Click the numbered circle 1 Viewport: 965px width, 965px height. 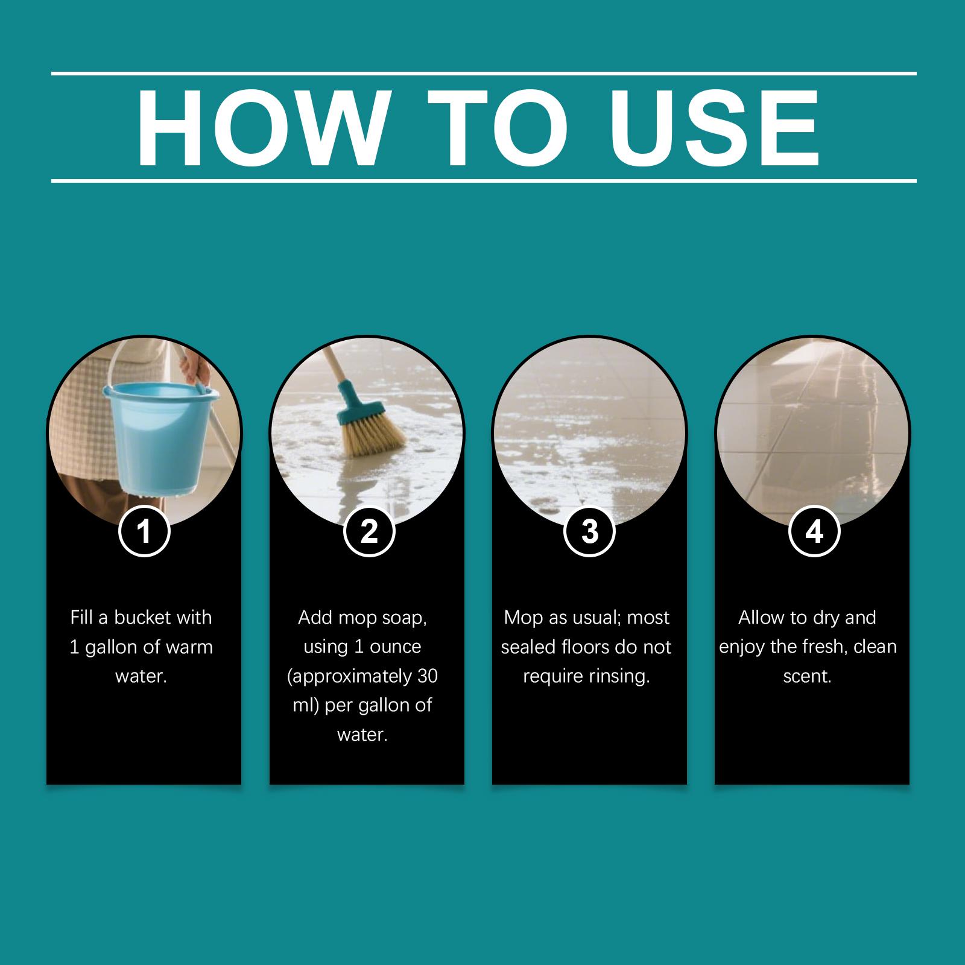coord(144,531)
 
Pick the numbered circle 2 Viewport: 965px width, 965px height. coord(369,531)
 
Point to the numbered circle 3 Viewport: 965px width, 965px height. coord(589,531)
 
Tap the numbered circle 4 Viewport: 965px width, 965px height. coord(814,531)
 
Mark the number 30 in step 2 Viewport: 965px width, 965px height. coord(427,676)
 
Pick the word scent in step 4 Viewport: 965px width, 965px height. coord(808,677)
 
